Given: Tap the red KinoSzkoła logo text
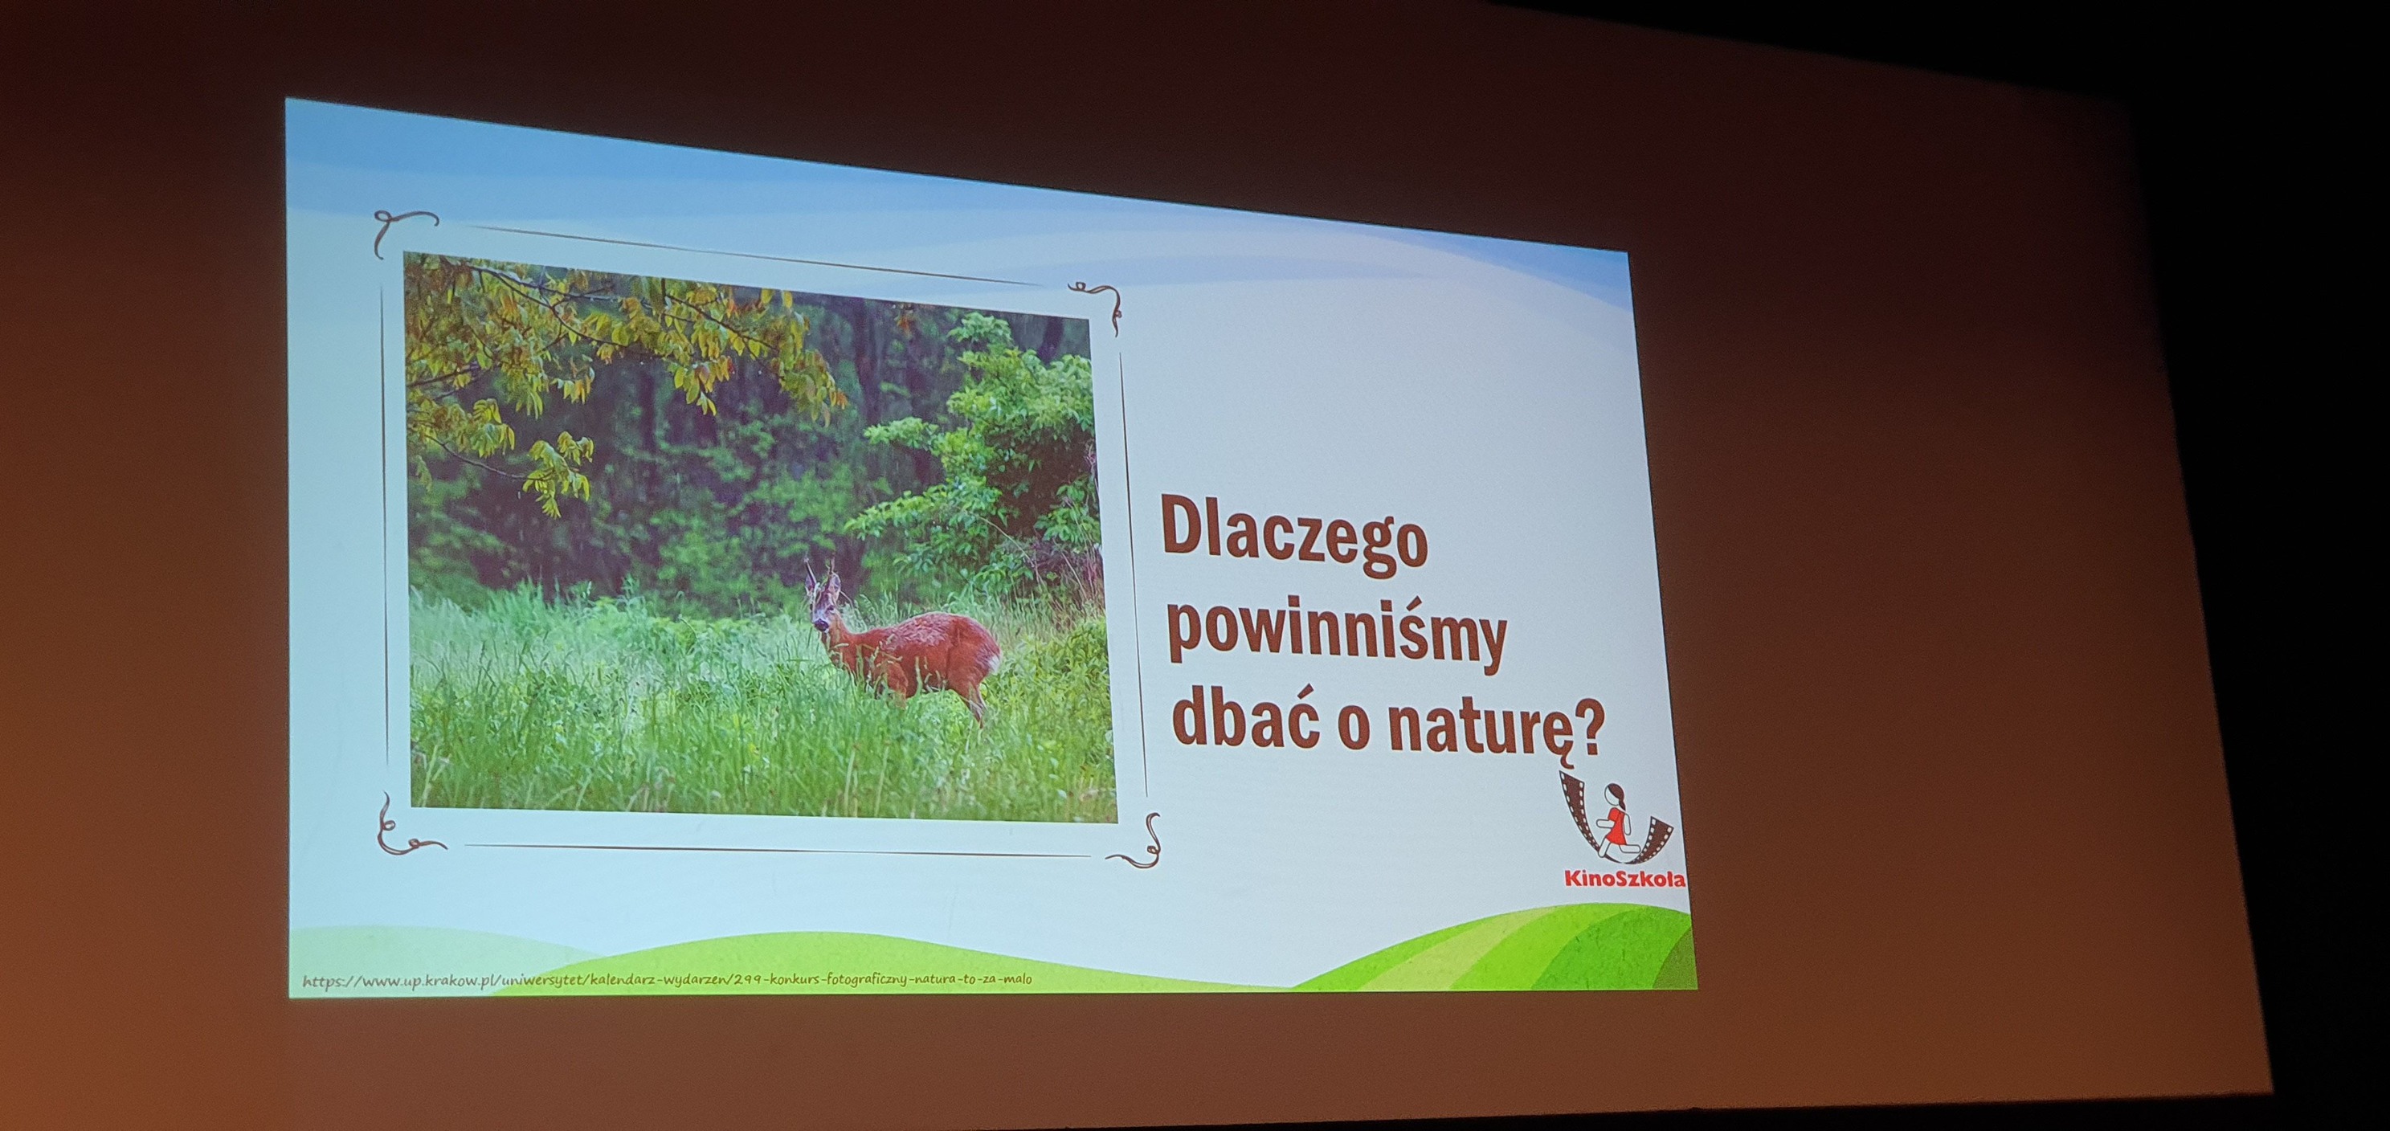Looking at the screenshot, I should [x=1624, y=878].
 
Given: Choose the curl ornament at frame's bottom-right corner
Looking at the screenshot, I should [x=1142, y=845].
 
